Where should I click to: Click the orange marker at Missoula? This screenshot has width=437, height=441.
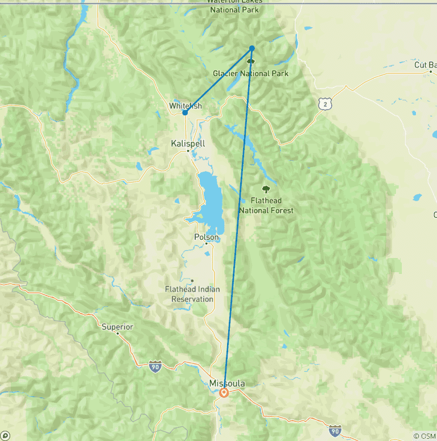224,393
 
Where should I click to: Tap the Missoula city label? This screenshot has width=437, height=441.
227,384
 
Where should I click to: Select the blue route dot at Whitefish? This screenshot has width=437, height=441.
185,113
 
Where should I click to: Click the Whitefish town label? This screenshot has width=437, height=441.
185,106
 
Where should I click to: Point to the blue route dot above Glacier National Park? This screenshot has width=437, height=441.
252,48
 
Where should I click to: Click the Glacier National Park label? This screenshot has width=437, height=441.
250,73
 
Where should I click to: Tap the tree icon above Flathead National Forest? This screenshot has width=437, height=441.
265,189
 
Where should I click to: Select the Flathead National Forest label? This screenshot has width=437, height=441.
266,206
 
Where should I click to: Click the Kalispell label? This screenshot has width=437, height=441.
187,144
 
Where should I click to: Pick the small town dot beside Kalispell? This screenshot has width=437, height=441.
188,151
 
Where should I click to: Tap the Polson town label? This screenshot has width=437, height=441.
205,237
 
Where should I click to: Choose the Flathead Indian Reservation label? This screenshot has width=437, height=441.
192,294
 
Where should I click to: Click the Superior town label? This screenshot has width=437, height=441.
117,327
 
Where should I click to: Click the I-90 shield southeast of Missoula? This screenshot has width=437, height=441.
335,430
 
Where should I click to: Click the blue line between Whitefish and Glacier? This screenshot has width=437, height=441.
218,80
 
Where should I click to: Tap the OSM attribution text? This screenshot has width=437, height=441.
424,436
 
